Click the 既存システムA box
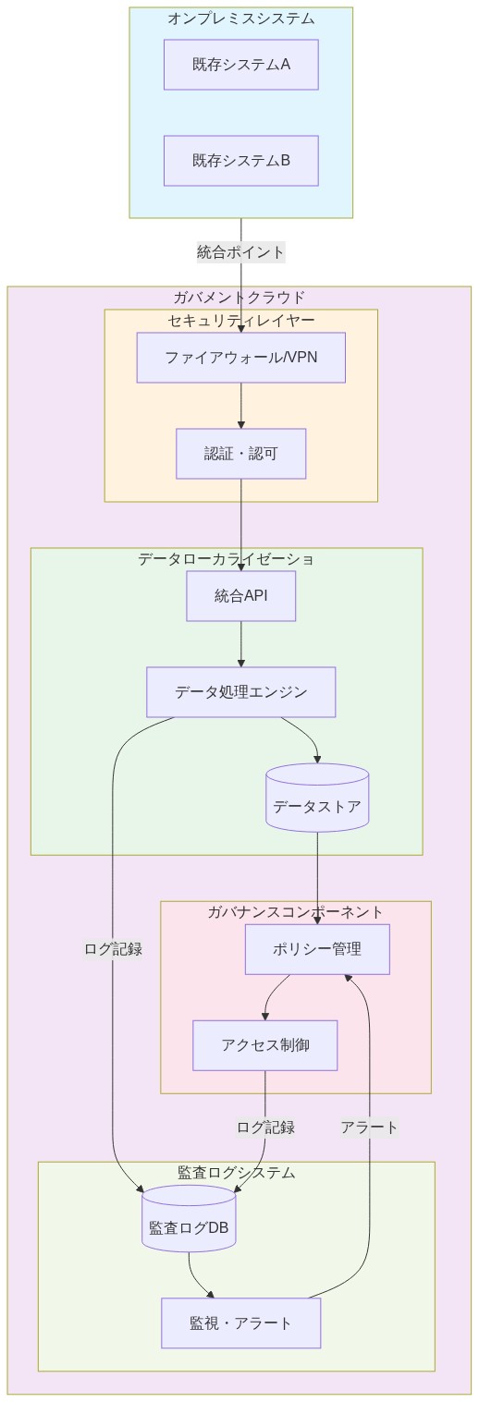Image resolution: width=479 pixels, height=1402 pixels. (241, 65)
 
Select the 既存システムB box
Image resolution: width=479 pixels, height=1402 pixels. (241, 161)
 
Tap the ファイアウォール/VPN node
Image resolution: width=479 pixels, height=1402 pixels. (241, 358)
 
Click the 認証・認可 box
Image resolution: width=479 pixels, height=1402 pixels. (241, 454)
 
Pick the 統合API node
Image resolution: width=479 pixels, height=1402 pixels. (241, 596)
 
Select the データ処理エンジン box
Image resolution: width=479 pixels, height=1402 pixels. (241, 692)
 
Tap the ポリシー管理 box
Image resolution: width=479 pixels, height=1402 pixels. (317, 949)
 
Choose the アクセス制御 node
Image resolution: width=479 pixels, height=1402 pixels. (265, 1045)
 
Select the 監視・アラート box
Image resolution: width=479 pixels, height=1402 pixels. (241, 1323)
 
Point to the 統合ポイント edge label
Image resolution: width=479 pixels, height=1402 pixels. (241, 251)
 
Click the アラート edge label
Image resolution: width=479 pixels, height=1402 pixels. (369, 1127)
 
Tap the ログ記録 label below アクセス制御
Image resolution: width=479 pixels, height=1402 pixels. (265, 1127)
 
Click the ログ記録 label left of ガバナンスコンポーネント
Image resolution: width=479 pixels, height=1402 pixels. (113, 948)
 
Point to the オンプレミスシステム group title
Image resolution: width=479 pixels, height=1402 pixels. (241, 18)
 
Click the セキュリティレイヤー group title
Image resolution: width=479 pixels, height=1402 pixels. (241, 320)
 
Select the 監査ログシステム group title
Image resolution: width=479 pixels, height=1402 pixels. (237, 1172)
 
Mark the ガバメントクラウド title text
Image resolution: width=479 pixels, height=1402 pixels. (239, 297)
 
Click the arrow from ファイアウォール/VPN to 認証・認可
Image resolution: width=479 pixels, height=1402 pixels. (241, 406)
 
